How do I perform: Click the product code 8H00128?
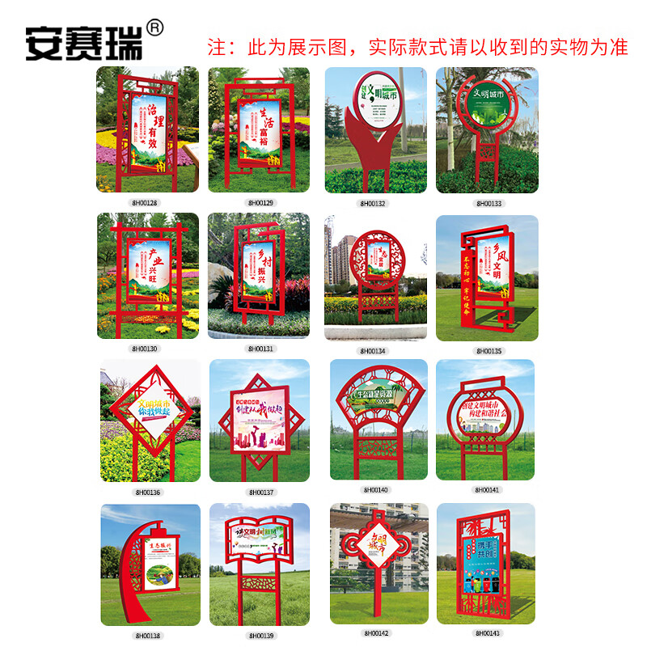click(x=146, y=202)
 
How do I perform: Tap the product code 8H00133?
click(x=488, y=203)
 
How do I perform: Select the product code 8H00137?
click(x=260, y=492)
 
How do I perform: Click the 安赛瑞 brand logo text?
click(x=84, y=42)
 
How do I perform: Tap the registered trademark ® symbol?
click(x=156, y=28)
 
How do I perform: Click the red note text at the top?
click(x=417, y=47)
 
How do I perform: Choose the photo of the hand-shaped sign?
click(x=375, y=129)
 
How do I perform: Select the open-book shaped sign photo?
click(x=260, y=565)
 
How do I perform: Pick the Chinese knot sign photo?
click(x=375, y=563)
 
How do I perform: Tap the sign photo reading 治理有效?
click(x=147, y=129)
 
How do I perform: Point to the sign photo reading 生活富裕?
click(x=259, y=129)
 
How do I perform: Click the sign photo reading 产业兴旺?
click(x=147, y=276)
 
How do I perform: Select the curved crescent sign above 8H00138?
click(x=150, y=565)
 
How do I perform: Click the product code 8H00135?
click(x=488, y=351)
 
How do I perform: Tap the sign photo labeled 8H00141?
click(x=485, y=419)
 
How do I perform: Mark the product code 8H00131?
click(x=260, y=349)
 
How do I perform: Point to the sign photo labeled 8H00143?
click(x=485, y=563)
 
